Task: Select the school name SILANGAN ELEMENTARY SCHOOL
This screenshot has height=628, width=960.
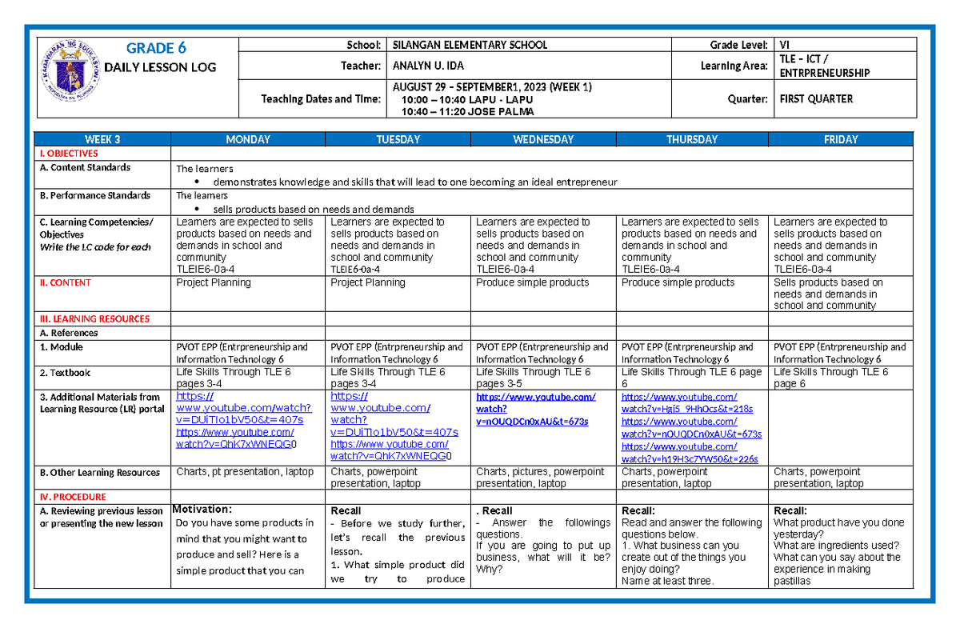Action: [467, 46]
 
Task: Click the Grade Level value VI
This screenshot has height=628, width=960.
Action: [785, 46]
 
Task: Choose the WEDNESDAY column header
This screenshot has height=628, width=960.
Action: [543, 139]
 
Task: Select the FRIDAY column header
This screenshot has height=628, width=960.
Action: [841, 139]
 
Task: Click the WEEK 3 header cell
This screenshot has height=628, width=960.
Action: [102, 139]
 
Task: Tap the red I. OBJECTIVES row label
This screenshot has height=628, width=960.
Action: [70, 154]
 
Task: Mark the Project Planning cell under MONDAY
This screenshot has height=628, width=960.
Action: [214, 282]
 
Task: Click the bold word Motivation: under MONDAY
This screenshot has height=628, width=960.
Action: [202, 510]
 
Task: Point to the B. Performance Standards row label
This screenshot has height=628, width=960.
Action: [95, 196]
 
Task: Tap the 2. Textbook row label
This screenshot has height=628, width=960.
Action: [65, 373]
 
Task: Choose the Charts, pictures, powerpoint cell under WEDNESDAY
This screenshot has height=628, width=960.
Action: [540, 478]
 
